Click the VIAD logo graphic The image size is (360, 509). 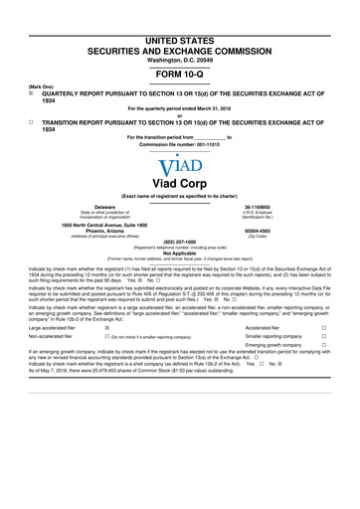[x=179, y=166]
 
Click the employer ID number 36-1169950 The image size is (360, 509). [x=270, y=208]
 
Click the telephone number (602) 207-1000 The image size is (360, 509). [x=179, y=243]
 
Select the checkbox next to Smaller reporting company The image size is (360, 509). [x=324, y=336]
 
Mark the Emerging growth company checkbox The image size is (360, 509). [x=324, y=346]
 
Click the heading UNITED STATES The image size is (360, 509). [x=179, y=11]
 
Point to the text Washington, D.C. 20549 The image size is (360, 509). [x=179, y=33]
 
